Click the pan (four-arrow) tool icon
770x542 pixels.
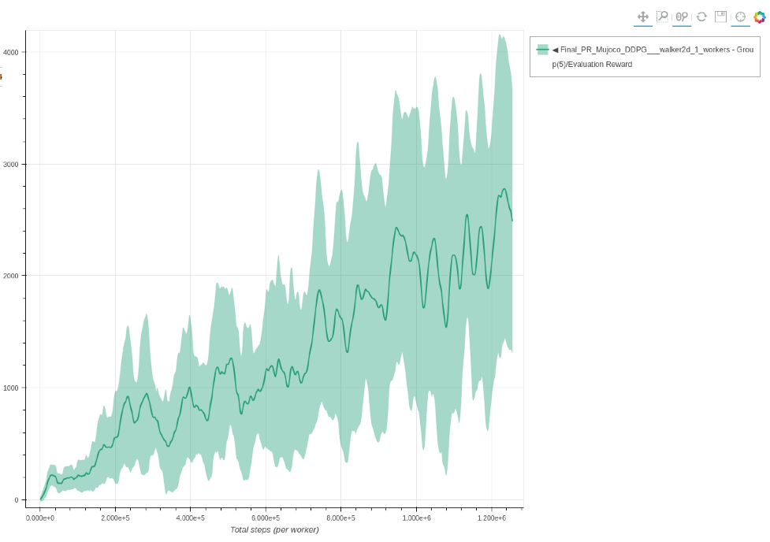pos(642,17)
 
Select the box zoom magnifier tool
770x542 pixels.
pos(662,17)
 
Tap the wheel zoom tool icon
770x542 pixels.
pos(682,17)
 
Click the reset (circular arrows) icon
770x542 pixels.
pos(701,17)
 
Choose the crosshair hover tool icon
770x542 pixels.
pos(740,17)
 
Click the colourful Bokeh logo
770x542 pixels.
pos(760,17)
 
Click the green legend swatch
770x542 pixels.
pos(542,50)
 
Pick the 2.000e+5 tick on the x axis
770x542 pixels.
pos(115,518)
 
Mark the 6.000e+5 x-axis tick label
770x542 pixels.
pos(266,518)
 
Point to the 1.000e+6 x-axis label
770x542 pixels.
pos(416,518)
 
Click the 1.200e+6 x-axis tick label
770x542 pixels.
pos(491,518)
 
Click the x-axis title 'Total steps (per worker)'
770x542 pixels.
pos(274,530)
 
